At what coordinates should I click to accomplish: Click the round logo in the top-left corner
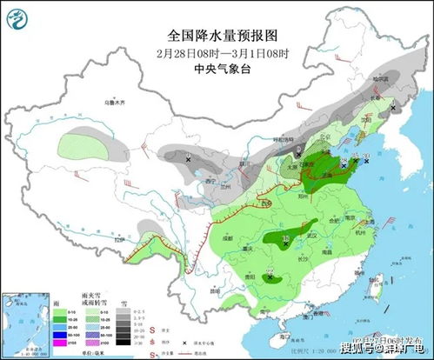[15, 15]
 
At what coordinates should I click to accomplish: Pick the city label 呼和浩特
[287, 137]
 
